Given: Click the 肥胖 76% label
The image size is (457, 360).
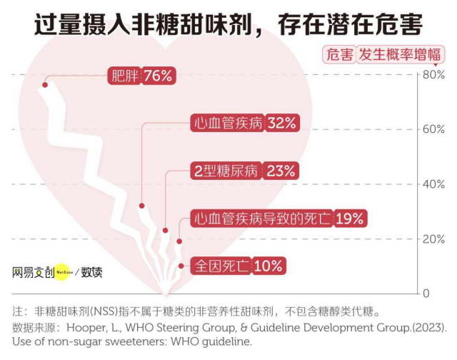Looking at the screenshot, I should [x=141, y=76].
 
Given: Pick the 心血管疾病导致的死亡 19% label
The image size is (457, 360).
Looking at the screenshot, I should [x=279, y=218].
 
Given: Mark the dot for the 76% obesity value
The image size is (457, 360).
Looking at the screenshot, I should [x=45, y=85].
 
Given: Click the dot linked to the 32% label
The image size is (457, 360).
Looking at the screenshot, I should [x=142, y=206].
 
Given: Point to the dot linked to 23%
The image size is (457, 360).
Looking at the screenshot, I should [x=165, y=230].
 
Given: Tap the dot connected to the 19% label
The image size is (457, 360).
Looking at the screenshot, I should [x=179, y=241].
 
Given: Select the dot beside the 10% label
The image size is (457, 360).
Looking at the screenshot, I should [x=181, y=266].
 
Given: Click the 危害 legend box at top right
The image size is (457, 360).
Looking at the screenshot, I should [x=339, y=54].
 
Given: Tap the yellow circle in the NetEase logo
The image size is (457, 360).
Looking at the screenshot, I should [x=66, y=271].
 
